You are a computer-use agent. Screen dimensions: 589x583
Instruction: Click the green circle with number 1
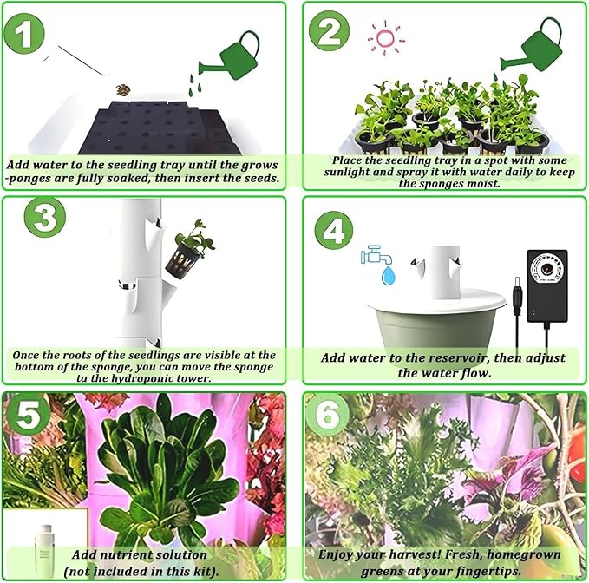[x=24, y=34]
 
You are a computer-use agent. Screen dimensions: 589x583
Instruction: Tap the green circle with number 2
[x=329, y=31]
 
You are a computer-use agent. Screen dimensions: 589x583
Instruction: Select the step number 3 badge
[x=45, y=217]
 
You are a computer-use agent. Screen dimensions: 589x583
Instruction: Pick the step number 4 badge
[x=334, y=230]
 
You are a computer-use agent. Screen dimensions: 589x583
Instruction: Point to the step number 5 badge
[x=27, y=415]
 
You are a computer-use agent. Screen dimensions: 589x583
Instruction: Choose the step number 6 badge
[x=327, y=415]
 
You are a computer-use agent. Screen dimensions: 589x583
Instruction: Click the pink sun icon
[x=385, y=39]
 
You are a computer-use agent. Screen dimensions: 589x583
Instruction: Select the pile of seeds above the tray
[x=123, y=89]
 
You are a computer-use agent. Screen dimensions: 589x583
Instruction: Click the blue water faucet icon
[x=376, y=255]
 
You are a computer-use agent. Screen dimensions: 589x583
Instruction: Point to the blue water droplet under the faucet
[x=388, y=276]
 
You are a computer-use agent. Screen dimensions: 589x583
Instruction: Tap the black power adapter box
[x=547, y=286]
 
